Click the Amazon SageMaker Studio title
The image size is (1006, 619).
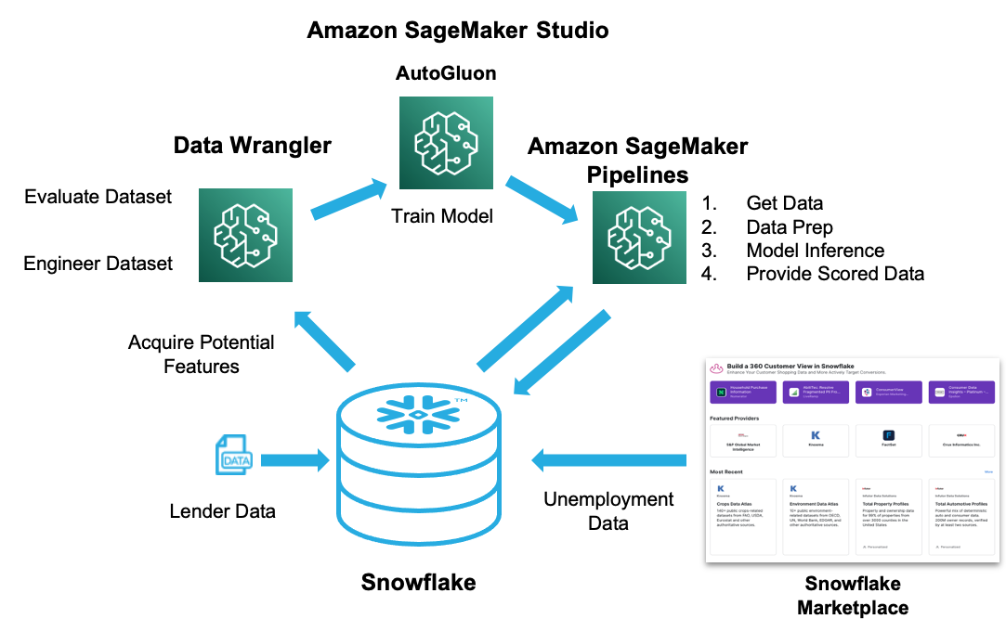458,30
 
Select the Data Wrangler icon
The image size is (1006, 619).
245,236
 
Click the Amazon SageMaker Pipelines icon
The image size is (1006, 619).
639,237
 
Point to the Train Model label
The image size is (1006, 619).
442,216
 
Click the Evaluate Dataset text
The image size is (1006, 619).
98,197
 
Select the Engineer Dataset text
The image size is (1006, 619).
98,264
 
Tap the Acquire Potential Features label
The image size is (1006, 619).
202,354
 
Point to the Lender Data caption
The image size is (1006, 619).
223,510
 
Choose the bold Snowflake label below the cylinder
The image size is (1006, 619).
418,582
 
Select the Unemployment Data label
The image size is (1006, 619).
608,510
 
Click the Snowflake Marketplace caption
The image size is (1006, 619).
853,596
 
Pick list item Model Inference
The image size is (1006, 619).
815,251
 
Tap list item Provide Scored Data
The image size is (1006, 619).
835,274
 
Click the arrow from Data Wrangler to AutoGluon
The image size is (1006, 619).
348,200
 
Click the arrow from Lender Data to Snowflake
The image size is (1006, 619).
295,459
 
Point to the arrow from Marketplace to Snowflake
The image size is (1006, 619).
608,458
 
